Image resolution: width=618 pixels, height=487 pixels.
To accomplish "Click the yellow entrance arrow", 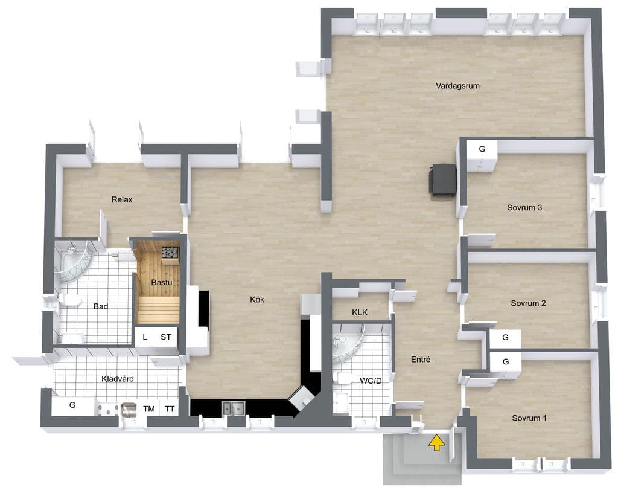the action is click(437, 442).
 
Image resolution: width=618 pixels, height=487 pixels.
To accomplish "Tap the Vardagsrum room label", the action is click(457, 86).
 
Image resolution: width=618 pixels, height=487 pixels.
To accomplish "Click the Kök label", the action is click(257, 300).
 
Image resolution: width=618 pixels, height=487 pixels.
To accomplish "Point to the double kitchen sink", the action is click(234, 408).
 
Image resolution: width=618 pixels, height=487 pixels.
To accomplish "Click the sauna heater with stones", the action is click(170, 253).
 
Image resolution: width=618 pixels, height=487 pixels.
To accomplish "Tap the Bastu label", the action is click(162, 283).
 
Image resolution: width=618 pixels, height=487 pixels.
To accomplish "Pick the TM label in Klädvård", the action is click(149, 409).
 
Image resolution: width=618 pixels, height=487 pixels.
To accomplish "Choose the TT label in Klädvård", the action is click(170, 409).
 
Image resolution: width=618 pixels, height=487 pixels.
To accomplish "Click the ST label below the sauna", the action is click(166, 337).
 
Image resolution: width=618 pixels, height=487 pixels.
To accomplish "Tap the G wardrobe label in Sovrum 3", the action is click(482, 149).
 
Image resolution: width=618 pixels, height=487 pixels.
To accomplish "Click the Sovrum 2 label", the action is click(528, 303).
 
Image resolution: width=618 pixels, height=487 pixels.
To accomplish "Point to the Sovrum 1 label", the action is click(529, 418).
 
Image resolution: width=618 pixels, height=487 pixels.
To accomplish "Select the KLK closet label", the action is click(360, 312).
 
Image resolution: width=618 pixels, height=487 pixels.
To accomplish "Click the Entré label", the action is click(421, 360).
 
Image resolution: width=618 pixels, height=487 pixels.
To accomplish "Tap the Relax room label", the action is click(122, 199).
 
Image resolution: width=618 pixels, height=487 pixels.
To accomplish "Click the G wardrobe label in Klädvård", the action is click(72, 405).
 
